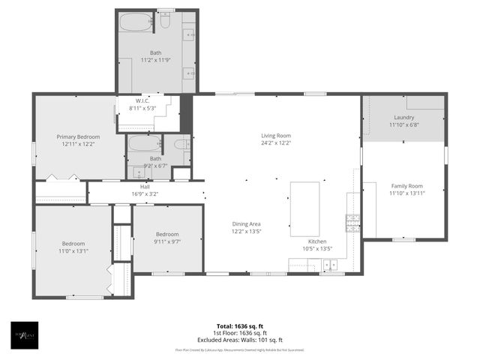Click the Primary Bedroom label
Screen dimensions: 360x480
click(x=78, y=136)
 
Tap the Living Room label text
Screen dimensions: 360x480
click(x=276, y=135)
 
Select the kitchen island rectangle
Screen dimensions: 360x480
click(x=304, y=208)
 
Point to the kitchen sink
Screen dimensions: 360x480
click(x=329, y=265)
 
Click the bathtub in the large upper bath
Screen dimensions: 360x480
click(x=137, y=22)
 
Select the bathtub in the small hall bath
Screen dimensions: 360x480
click(x=143, y=143)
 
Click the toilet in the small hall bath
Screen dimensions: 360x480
click(x=181, y=144)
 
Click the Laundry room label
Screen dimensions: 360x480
click(x=403, y=118)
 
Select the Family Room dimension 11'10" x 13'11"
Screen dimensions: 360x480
click(x=406, y=193)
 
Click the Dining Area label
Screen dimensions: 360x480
click(x=246, y=223)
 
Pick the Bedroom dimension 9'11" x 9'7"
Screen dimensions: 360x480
click(x=166, y=242)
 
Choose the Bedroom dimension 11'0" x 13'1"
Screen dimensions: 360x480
click(x=73, y=251)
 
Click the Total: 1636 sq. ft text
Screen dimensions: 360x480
click(x=240, y=325)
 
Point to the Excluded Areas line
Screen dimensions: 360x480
click(x=240, y=340)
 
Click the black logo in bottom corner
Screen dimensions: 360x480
click(x=22, y=335)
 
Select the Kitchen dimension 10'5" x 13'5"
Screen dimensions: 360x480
click(x=317, y=248)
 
